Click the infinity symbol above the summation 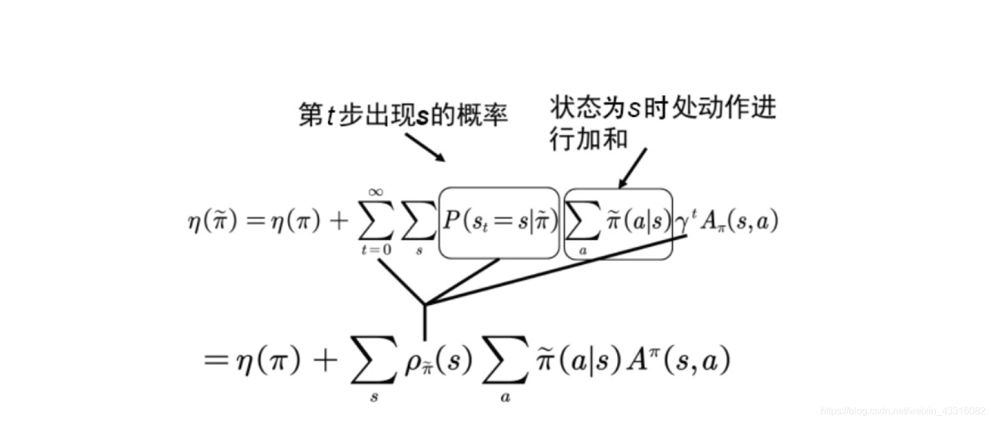pos(375,193)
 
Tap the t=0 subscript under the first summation pos(376,249)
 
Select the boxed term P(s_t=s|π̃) pos(499,222)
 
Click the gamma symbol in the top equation pos(682,223)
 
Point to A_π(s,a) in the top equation pos(738,222)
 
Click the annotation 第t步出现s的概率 pos(402,115)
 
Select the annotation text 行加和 pos(588,139)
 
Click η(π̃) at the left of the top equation pos(212,223)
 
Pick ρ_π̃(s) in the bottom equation pos(438,362)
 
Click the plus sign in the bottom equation pos(325,361)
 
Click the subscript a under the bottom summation pos(505,398)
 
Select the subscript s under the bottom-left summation pos(374,398)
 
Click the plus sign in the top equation pos(340,223)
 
